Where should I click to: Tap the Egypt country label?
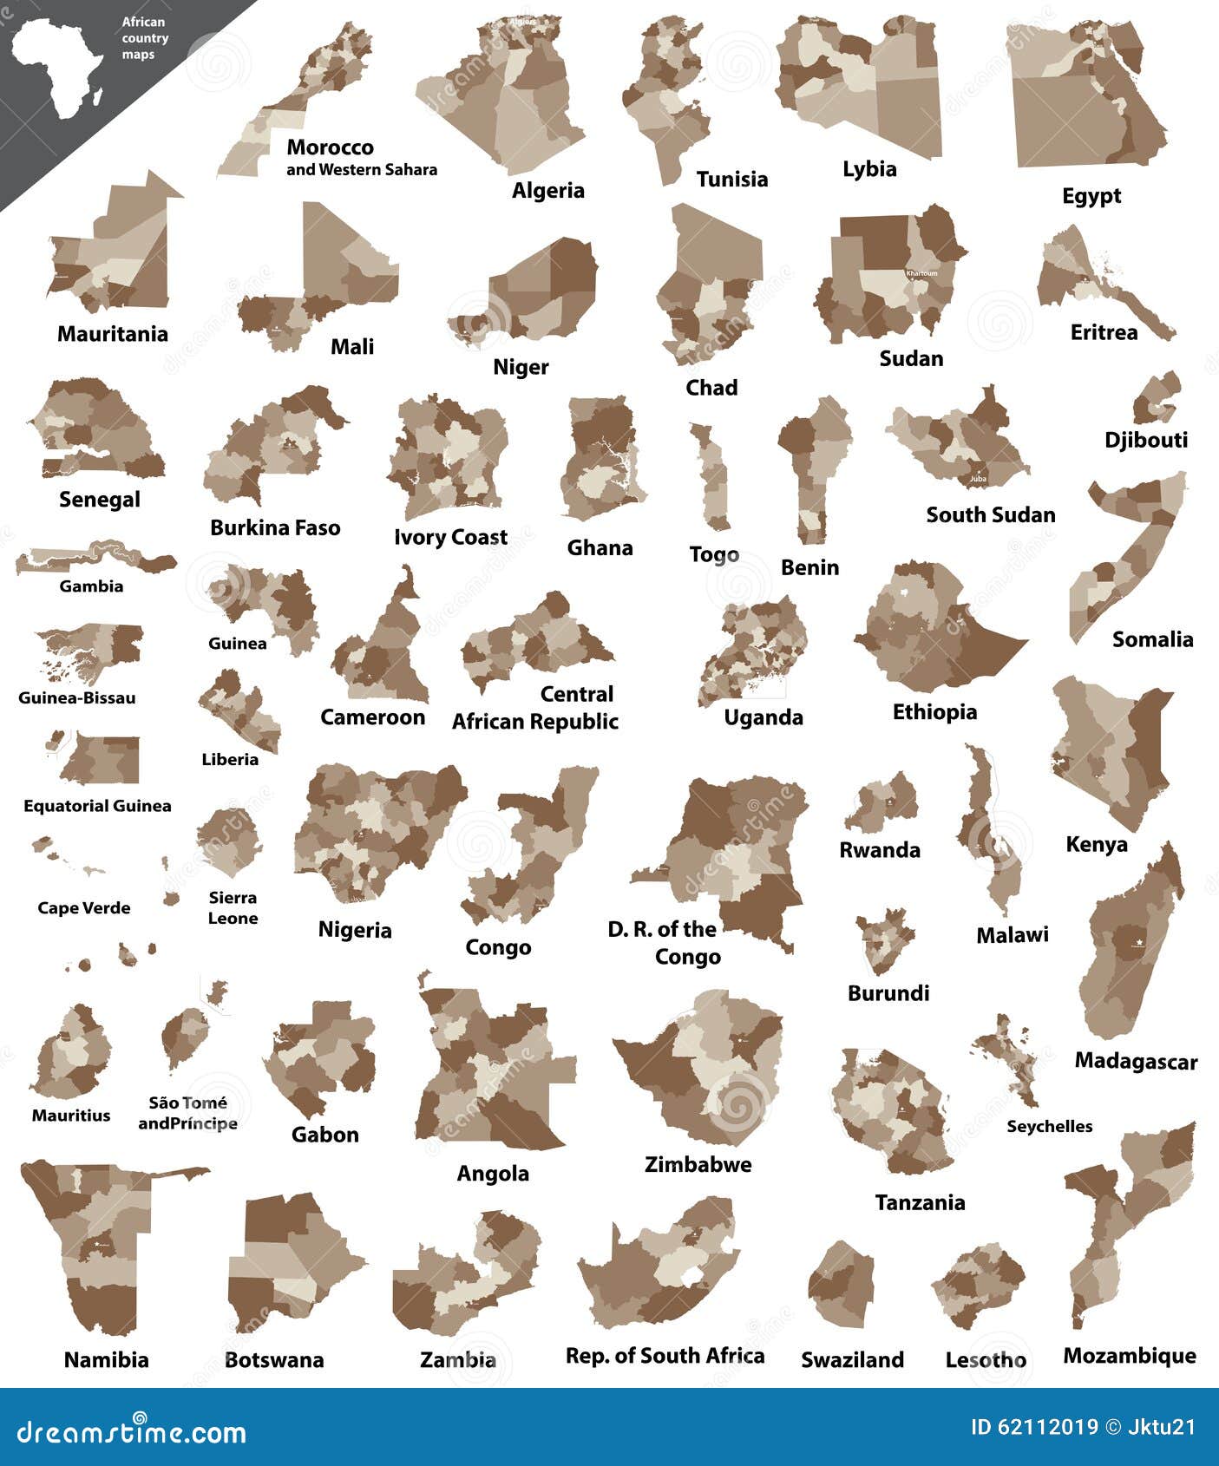point(1091,196)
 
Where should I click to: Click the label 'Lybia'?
point(869,169)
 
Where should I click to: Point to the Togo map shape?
point(713,477)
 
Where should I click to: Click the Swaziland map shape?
point(842,1284)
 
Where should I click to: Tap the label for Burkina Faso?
point(275,527)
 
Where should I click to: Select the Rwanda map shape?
point(881,802)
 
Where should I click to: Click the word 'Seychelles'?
point(1049,1126)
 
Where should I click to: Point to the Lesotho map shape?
point(980,1286)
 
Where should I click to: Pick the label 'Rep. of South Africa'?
point(665,1356)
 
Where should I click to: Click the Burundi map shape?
point(884,940)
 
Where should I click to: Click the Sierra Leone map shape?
point(229,841)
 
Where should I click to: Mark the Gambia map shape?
point(95,559)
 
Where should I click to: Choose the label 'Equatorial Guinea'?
point(97,806)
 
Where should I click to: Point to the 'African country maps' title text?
point(144,38)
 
